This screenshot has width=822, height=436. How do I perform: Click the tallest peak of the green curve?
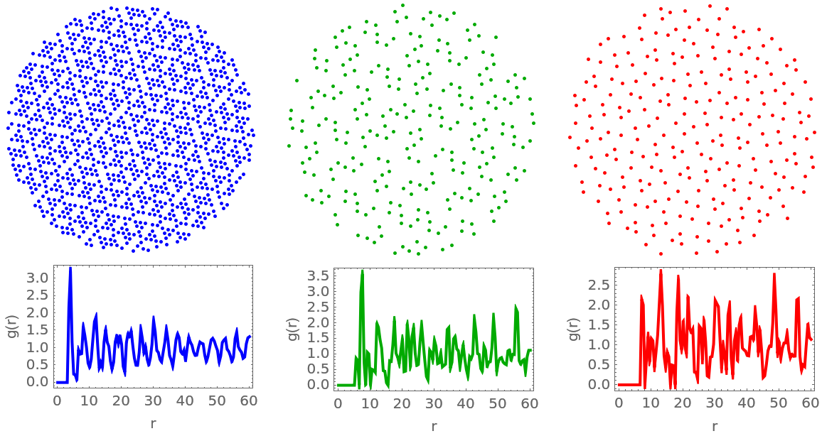[x=362, y=271]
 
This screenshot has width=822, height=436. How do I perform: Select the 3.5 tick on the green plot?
[x=321, y=276]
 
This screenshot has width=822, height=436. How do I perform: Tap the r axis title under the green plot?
[x=433, y=427]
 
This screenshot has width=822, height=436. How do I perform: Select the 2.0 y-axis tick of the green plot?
[x=321, y=322]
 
